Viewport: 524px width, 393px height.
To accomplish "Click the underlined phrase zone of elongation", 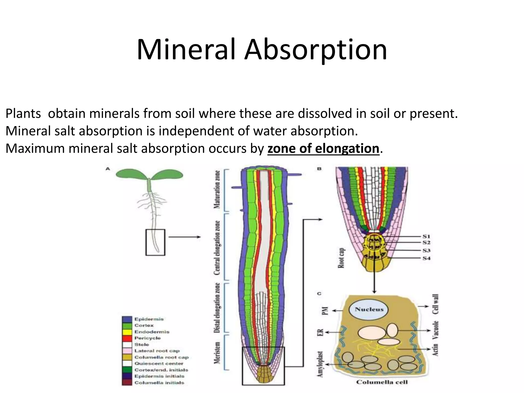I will (323, 148).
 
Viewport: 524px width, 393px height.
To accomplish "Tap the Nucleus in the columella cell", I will (369, 309).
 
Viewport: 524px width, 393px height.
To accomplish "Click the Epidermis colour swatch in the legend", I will (127, 319).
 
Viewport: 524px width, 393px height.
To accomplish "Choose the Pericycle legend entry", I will (147, 338).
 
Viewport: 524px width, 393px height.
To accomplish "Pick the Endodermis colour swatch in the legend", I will (127, 332).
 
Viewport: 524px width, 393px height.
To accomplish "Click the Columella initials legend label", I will (159, 383).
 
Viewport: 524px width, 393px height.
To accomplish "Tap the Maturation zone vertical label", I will (217, 190).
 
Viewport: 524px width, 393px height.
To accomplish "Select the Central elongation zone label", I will (217, 248).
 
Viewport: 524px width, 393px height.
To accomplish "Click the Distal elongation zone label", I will (217, 308).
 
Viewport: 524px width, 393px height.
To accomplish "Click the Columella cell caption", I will (382, 382).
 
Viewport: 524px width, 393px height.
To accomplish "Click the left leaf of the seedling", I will (131, 174).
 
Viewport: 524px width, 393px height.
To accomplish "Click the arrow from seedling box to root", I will (184, 237).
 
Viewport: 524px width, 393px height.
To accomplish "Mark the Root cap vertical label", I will (341, 258).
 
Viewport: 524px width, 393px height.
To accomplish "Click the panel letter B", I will (319, 169).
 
